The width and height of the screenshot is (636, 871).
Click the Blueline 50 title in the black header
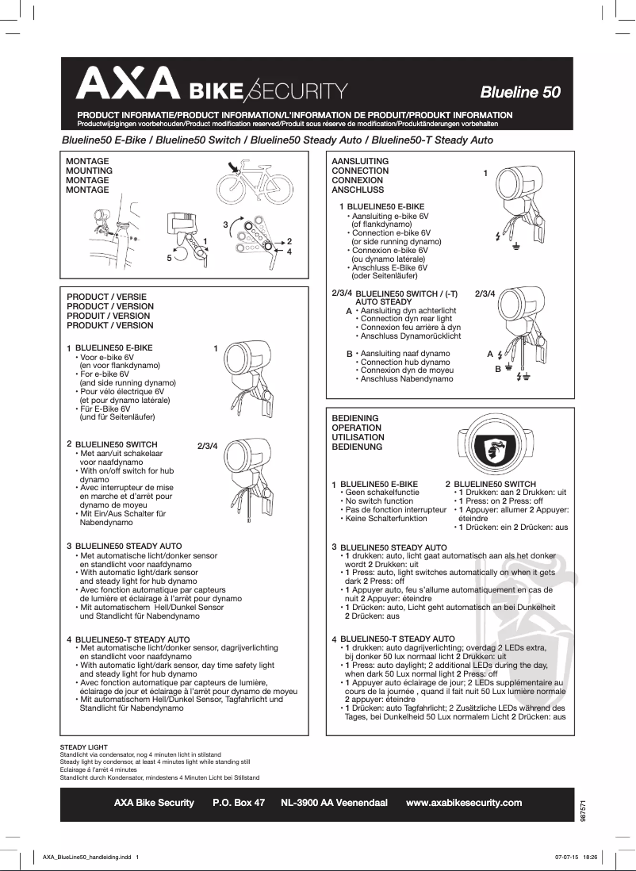519,92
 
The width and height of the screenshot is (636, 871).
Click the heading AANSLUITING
360,161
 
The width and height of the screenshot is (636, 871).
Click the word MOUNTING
89,171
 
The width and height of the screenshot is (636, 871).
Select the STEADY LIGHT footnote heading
84,747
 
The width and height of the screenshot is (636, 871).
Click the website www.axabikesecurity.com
464,803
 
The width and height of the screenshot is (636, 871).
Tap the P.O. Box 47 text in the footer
239,803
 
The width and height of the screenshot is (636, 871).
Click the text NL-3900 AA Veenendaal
334,803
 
